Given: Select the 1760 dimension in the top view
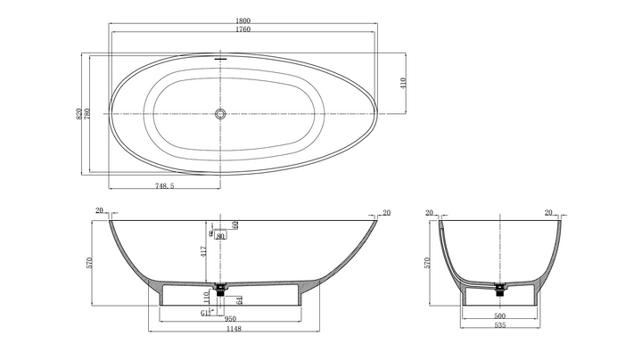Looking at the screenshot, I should click(x=243, y=29).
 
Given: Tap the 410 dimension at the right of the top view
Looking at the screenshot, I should click(x=403, y=83).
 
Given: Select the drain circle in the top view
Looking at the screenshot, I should click(x=221, y=114).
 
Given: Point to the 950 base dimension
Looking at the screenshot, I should click(x=230, y=317).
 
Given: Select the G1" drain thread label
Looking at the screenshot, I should click(x=205, y=313).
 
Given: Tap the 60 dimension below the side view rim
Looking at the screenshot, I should click(x=235, y=225).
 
